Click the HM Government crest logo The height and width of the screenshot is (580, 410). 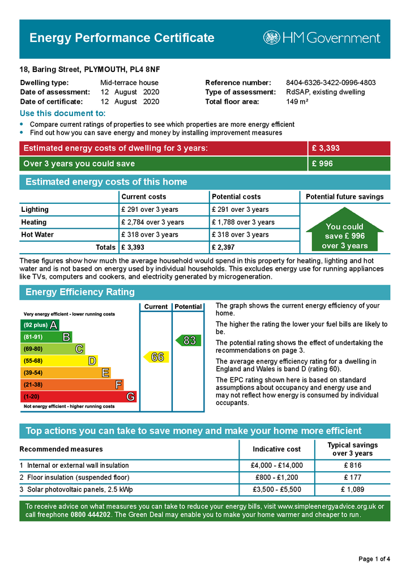(x=271, y=38)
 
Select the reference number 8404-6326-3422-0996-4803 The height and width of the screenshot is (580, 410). (x=331, y=83)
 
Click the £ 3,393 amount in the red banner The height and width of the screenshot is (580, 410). (x=326, y=148)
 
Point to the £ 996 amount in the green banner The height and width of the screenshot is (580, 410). (x=322, y=164)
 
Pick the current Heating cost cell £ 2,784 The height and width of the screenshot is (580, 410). (x=152, y=222)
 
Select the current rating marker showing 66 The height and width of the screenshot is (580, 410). (x=156, y=357)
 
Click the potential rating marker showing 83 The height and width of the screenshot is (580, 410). (x=188, y=340)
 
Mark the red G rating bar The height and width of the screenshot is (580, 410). (x=78, y=396)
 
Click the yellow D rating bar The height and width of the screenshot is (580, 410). (x=59, y=361)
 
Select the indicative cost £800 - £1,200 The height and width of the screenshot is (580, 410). (x=276, y=477)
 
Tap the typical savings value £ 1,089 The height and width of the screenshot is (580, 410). (x=352, y=489)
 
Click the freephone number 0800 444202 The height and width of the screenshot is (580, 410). (x=91, y=515)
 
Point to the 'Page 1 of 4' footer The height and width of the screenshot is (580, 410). (x=374, y=559)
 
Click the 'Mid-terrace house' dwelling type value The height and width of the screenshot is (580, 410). (x=129, y=83)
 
